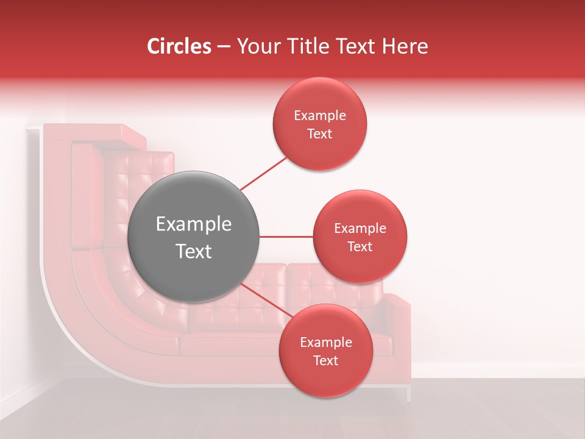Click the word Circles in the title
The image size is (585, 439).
click(x=179, y=46)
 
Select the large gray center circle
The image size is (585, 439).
click(x=193, y=237)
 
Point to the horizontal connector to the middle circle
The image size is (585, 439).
click(x=286, y=237)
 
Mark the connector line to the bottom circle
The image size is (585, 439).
click(x=266, y=302)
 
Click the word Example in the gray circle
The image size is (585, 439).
click(x=193, y=224)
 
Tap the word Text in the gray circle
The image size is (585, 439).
click(x=193, y=251)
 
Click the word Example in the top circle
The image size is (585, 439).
click(x=320, y=116)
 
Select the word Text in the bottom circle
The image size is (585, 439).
click(x=325, y=360)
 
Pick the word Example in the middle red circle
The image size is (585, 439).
click(x=360, y=229)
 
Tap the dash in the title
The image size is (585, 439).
click(x=224, y=47)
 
